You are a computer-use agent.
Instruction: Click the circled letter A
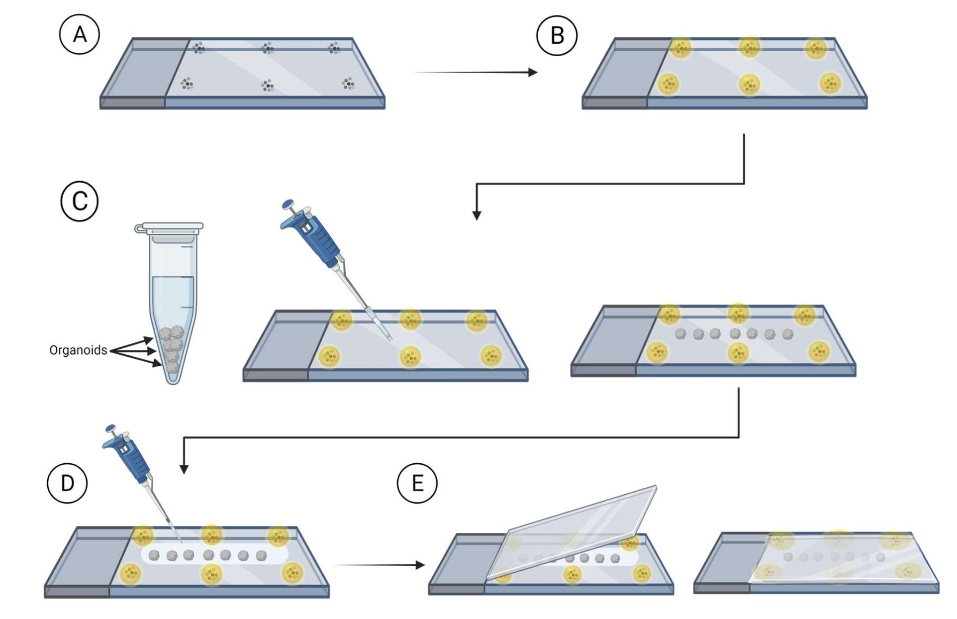tap(80, 35)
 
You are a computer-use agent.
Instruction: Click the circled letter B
tap(557, 35)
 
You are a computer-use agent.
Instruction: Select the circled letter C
tap(80, 201)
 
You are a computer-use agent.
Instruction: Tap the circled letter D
tap(67, 483)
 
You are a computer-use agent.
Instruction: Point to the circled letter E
tap(417, 483)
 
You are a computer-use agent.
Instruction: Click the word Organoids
tap(78, 350)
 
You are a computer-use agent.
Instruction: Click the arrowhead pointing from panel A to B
tap(533, 73)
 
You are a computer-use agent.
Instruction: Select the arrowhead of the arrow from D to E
tap(420, 565)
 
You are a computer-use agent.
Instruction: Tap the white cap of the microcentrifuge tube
tap(169, 227)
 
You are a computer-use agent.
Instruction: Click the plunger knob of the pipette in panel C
tap(288, 204)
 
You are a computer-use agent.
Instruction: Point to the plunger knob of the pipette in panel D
tap(110, 429)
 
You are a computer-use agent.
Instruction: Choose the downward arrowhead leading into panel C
tap(477, 215)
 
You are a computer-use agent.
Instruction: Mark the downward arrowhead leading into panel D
tap(184, 469)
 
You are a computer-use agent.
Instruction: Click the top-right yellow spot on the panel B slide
tap(816, 48)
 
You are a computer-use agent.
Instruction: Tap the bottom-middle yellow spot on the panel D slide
tap(212, 575)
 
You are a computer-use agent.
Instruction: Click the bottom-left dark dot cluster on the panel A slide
tap(187, 83)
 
